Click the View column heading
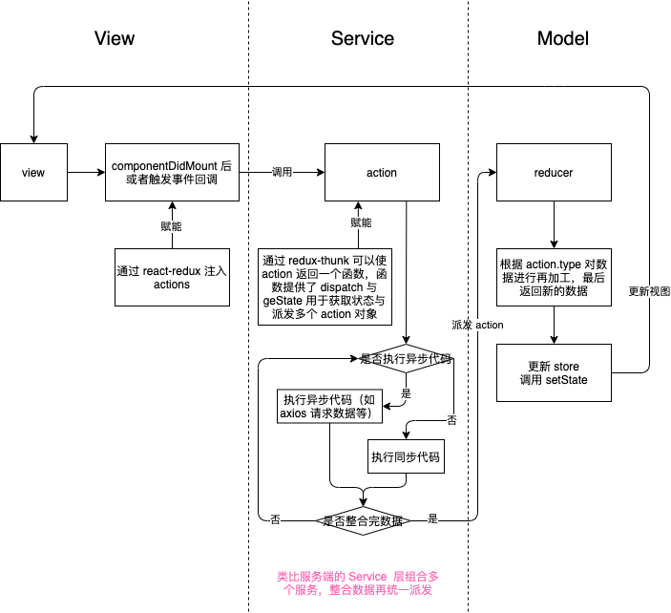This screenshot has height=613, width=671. click(115, 38)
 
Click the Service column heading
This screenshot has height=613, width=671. click(363, 38)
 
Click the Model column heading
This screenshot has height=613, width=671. click(563, 38)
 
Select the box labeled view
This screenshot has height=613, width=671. click(33, 173)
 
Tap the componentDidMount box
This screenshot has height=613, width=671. click(172, 173)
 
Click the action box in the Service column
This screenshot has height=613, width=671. click(382, 173)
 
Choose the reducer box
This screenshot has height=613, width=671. click(554, 173)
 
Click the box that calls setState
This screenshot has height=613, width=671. click(555, 373)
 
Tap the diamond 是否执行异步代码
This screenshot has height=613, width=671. click(407, 360)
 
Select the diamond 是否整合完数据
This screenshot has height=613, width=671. click(364, 520)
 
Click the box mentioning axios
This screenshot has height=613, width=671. click(330, 407)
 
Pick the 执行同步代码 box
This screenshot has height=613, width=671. click(407, 457)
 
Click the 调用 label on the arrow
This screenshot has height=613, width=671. click(283, 173)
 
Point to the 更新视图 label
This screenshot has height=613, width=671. click(650, 290)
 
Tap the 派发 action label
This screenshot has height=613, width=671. click(477, 325)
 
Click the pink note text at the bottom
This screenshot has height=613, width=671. click(358, 583)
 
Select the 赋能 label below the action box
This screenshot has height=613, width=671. click(361, 222)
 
